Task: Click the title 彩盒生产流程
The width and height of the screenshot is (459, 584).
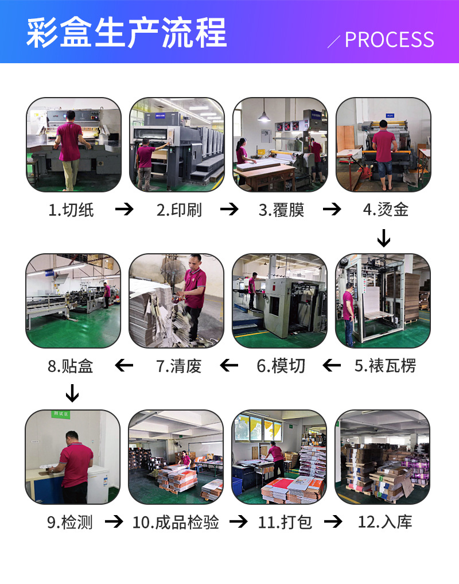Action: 126,32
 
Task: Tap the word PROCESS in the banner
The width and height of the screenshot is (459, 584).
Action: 389,40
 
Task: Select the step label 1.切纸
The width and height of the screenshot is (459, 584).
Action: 71,210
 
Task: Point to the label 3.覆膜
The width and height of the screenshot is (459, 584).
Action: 282,210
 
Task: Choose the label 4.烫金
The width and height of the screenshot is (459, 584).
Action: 386,210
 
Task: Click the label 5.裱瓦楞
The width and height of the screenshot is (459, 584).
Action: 385,366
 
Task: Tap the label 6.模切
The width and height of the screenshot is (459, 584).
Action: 281,366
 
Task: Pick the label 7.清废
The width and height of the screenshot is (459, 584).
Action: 179,366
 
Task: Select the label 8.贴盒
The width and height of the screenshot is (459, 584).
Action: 71,366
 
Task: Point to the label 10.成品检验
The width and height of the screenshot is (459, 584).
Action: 176,522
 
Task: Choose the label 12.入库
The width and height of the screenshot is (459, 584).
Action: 385,522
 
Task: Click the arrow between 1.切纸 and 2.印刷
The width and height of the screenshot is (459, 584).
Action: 125,210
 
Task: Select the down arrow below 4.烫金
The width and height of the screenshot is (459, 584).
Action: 384,237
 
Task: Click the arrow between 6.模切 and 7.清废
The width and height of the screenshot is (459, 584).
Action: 229,365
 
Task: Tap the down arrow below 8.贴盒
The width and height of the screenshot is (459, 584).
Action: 72,393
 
